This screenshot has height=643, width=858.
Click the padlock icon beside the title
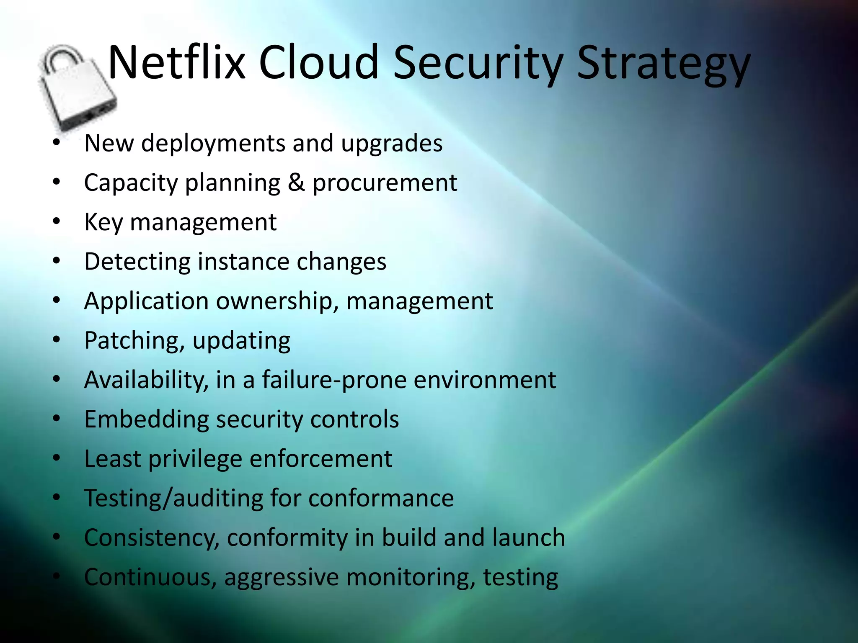78,88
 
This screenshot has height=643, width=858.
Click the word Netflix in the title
176,63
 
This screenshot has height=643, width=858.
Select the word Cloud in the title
318,63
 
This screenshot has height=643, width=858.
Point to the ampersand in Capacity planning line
296,183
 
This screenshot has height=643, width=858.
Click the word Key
103,222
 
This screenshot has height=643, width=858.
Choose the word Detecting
137,262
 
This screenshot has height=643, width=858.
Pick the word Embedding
146,419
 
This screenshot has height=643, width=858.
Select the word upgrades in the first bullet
392,144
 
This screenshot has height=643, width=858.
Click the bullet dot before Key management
57,222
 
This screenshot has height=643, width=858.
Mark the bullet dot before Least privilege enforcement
57,458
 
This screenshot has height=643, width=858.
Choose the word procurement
385,183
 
